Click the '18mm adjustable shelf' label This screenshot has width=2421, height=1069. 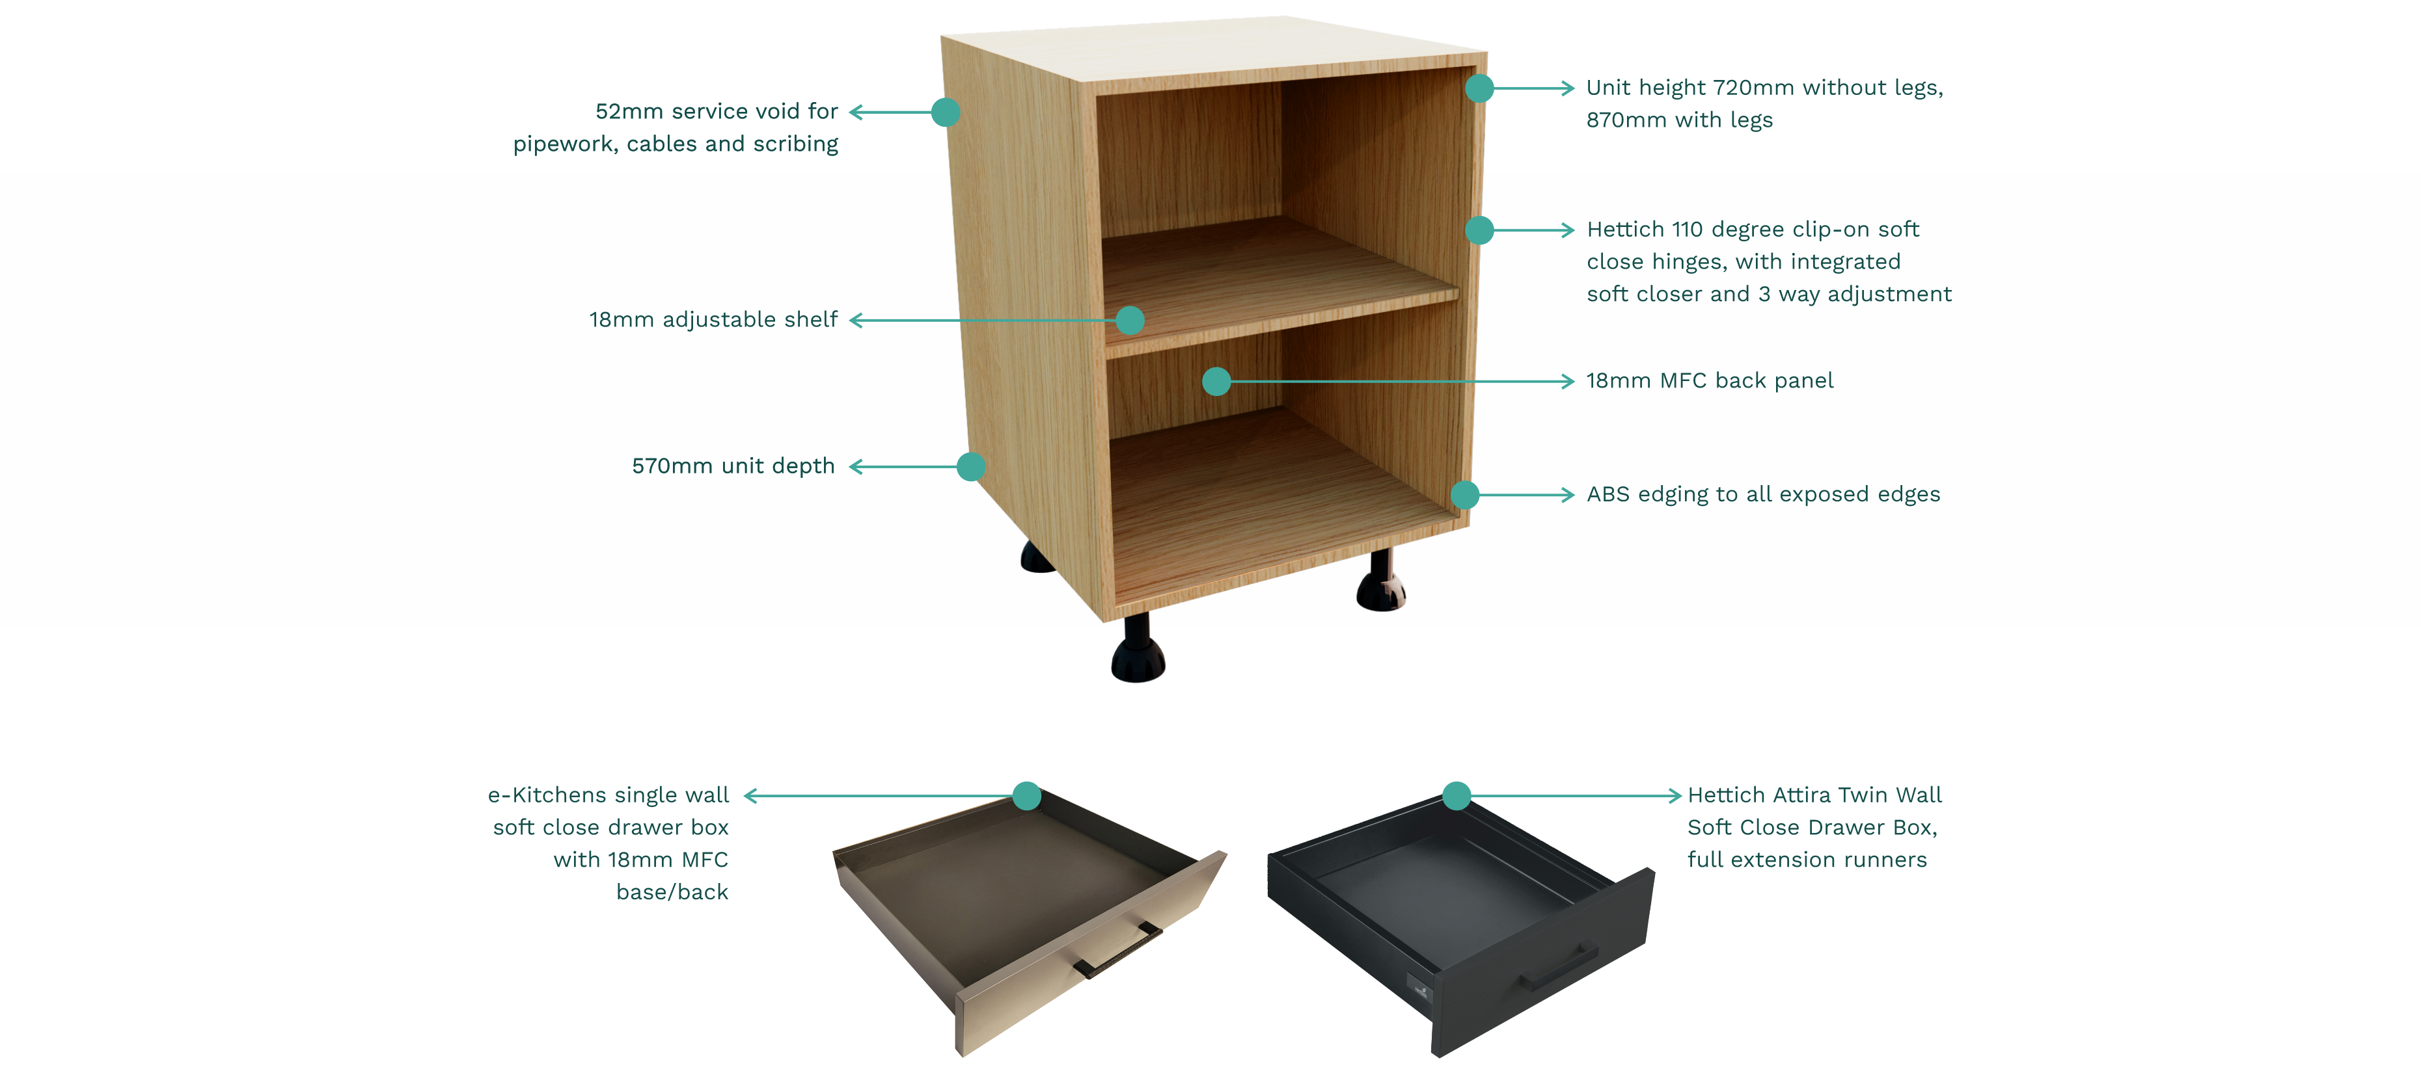coord(713,321)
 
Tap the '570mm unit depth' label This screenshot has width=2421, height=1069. coord(733,467)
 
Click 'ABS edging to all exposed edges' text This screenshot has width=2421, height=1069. coord(1763,495)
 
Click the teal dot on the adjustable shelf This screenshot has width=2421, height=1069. coord(1130,321)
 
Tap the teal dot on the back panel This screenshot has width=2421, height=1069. coord(1216,382)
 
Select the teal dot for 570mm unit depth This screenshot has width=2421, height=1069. coord(971,467)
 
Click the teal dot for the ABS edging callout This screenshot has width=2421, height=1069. coord(1465,495)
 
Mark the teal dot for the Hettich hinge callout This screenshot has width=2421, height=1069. coord(1479,230)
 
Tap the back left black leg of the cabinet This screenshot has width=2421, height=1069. coord(1037,557)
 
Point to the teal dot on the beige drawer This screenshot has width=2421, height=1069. coord(1027,797)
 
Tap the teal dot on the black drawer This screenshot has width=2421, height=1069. coord(1456,797)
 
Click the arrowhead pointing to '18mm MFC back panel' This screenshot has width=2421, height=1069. coord(1566,382)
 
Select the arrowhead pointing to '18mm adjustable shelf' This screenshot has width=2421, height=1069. coord(857,321)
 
